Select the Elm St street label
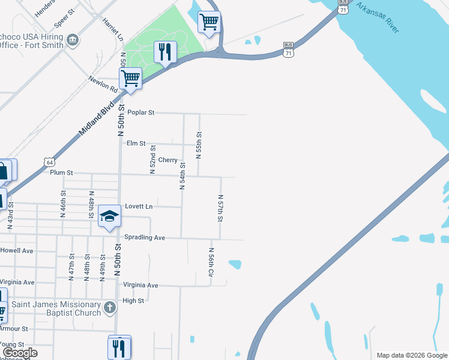click(136, 143)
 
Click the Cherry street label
click(168, 160)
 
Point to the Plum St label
click(61, 173)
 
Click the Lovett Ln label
click(139, 206)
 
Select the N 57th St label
click(220, 208)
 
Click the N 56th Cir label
click(211, 262)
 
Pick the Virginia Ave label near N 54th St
click(140, 285)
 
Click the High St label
click(133, 301)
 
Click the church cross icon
click(109, 308)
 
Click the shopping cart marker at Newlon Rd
click(130, 78)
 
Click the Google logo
click(20, 353)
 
